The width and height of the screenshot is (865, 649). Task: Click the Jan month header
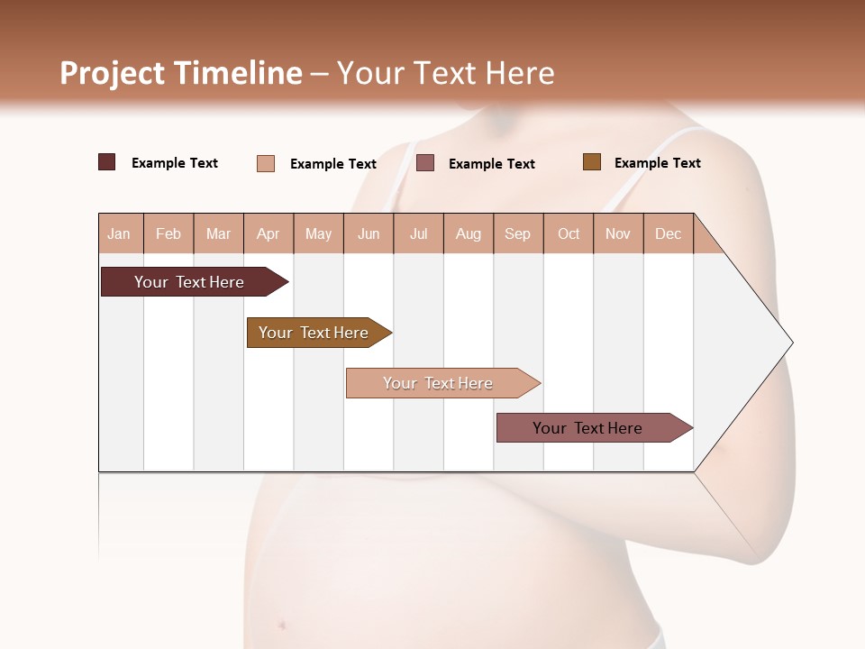coord(119,233)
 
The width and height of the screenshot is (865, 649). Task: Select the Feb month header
coord(168,233)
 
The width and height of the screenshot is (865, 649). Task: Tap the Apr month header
coord(269,233)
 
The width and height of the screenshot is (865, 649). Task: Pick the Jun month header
coord(369,233)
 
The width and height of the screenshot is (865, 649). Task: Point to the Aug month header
coord(469,233)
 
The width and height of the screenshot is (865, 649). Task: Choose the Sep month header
coord(518,233)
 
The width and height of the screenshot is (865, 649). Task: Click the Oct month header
coord(569,233)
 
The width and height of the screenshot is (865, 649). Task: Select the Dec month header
coord(669,233)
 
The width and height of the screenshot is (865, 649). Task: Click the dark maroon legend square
coord(107,162)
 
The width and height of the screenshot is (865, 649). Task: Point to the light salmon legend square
coord(266,163)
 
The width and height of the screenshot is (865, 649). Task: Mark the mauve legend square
coord(425,162)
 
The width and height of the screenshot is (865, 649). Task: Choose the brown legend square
coord(592,162)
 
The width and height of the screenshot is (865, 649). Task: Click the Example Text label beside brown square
coord(657,163)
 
